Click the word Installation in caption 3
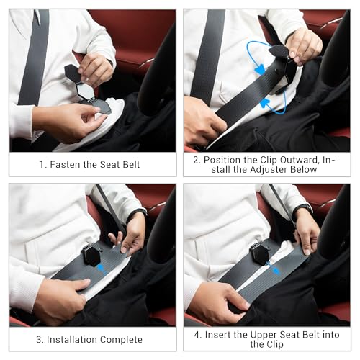point(73,339)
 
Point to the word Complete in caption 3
point(121,339)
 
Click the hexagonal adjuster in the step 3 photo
point(93,253)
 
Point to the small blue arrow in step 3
point(100,267)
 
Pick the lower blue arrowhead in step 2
point(265,103)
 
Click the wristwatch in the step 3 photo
point(138,212)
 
